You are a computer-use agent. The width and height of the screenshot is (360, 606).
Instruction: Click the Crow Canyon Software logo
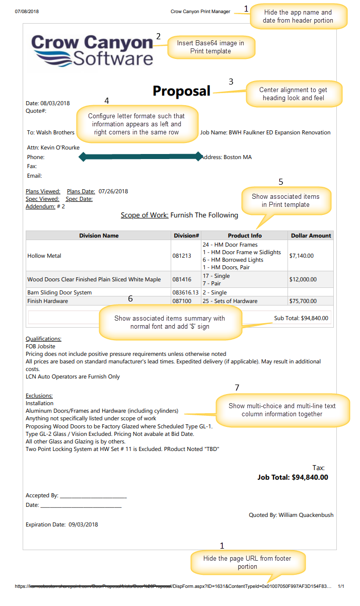point(93,50)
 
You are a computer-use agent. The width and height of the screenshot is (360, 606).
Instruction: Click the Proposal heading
point(181,91)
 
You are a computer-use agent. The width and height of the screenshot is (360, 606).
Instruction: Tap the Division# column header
point(186,236)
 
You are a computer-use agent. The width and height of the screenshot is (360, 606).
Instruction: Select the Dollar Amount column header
point(311,236)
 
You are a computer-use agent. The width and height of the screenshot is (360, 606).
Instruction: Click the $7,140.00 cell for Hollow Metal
point(302,256)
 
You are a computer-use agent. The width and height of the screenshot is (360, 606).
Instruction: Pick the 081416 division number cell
point(182,279)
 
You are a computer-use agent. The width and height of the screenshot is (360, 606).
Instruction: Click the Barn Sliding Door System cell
point(59,292)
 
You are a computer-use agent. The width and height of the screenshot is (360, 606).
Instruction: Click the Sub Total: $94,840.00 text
point(301,318)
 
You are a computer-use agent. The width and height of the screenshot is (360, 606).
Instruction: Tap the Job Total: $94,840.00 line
point(293,477)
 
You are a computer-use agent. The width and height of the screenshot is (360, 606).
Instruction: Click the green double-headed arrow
point(140,157)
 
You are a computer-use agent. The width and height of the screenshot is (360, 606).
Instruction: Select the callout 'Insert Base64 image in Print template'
point(210,47)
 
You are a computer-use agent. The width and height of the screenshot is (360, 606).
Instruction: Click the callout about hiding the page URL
point(247,562)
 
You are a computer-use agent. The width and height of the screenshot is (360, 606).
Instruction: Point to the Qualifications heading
point(44,339)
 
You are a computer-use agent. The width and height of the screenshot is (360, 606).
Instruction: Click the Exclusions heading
point(39,396)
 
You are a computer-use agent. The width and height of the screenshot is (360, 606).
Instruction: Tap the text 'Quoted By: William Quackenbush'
point(291,515)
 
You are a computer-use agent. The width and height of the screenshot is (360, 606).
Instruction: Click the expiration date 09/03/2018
point(84,524)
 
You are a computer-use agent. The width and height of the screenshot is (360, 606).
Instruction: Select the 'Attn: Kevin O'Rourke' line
point(53,147)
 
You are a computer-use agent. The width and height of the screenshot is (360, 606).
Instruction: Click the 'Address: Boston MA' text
point(226,157)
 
